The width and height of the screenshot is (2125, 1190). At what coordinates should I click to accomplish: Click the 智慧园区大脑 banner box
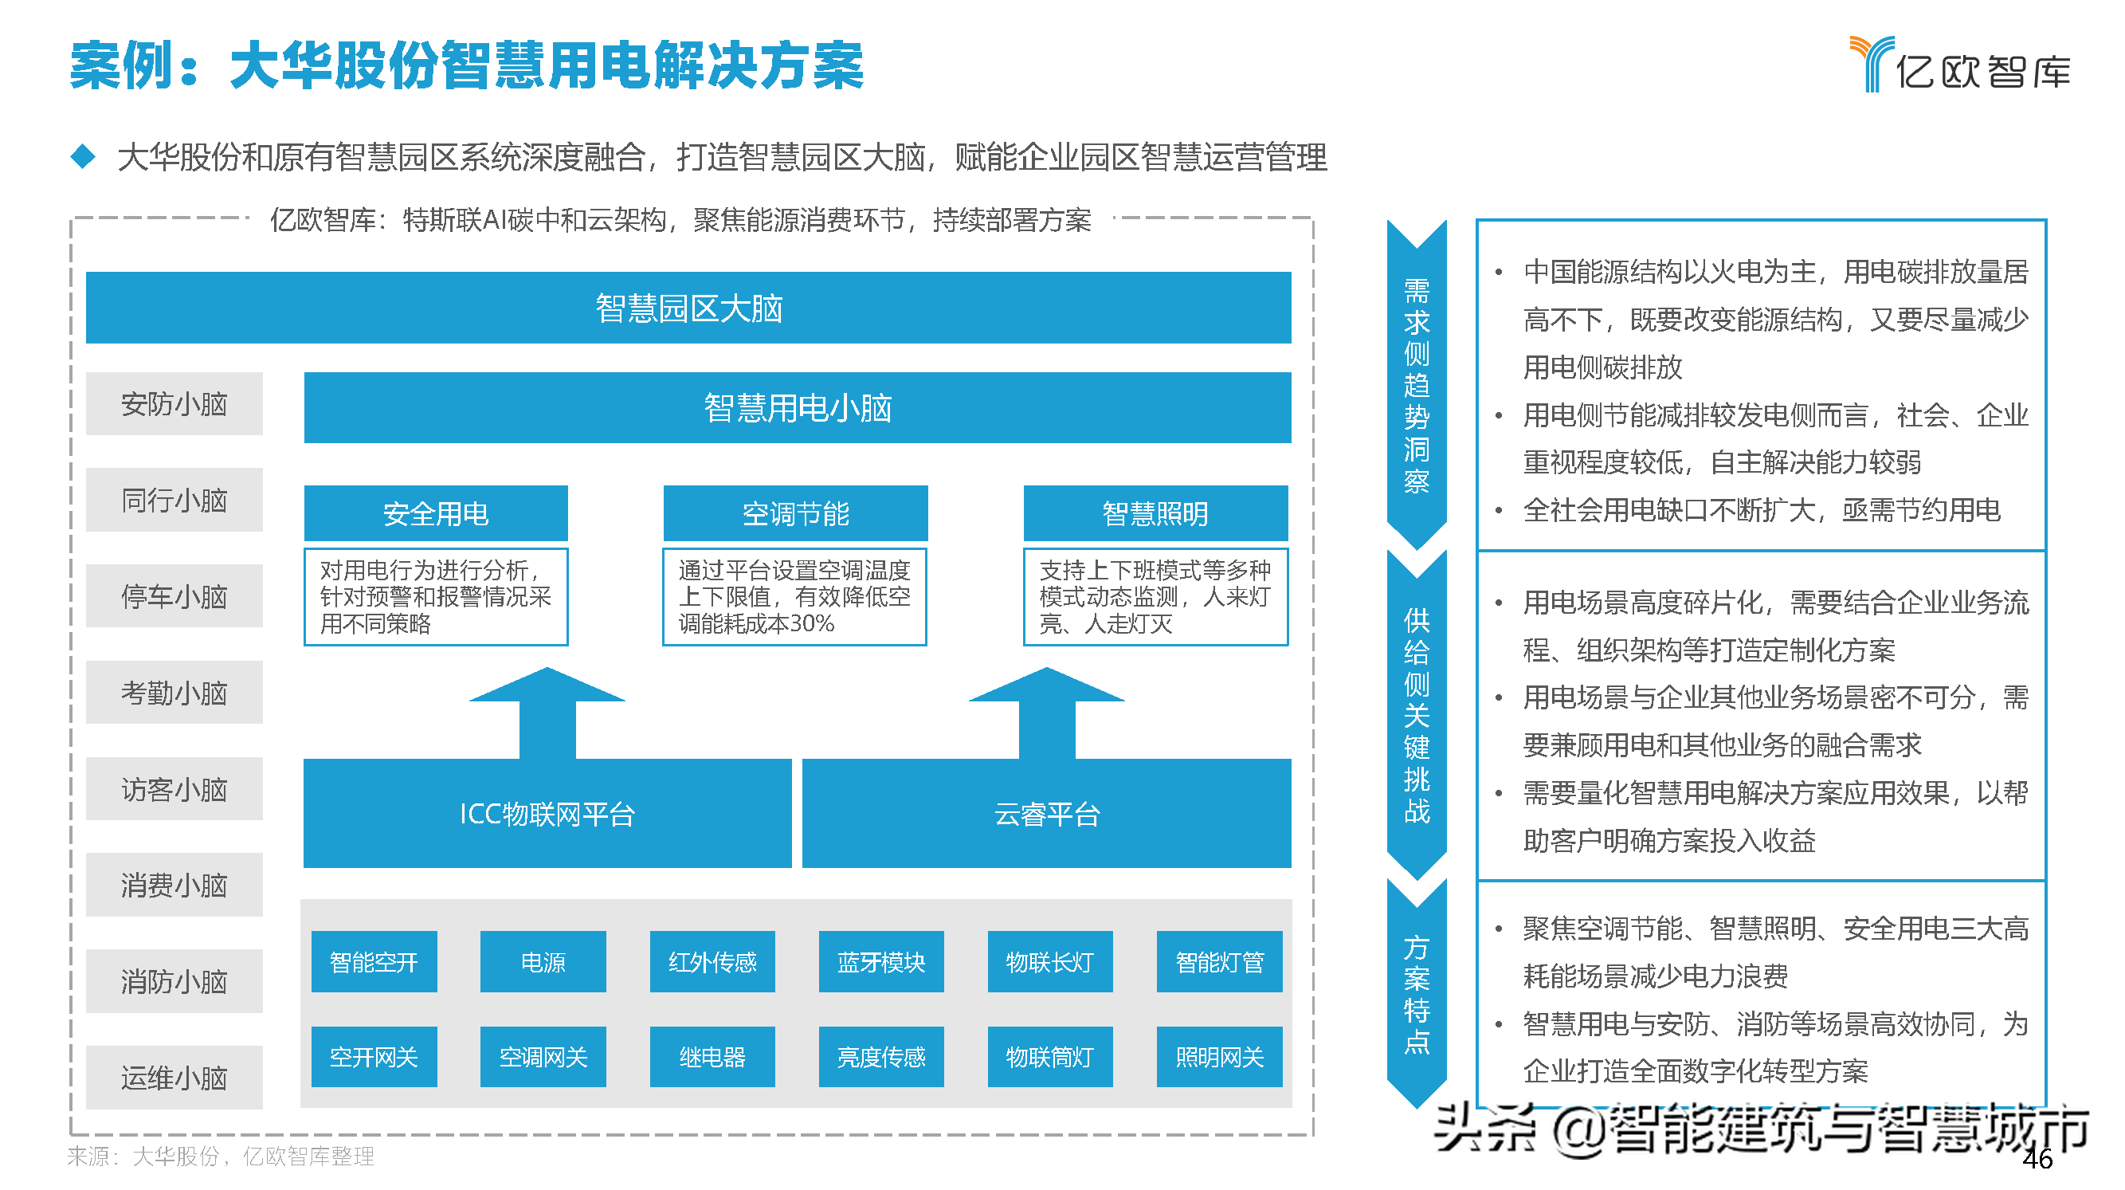688,307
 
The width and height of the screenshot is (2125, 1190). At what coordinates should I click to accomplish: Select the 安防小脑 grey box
174,403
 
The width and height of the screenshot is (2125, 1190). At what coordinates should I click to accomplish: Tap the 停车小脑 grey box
174,596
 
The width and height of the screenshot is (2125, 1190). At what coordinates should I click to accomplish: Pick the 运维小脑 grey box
174,1077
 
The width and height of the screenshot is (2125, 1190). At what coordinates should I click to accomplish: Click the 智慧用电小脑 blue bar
797,407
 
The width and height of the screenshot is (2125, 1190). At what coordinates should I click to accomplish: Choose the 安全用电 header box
436,513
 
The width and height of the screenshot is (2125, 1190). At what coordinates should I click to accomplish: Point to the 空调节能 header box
795,513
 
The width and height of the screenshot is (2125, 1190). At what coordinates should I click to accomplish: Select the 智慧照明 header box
1155,513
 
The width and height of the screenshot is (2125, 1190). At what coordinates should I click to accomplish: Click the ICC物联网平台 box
547,814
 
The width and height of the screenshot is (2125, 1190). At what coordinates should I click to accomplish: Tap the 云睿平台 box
1046,814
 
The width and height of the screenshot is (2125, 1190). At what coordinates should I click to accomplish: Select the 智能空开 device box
374,961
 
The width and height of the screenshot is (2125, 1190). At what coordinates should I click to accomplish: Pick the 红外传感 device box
712,961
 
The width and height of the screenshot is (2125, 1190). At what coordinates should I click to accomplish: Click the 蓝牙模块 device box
881,961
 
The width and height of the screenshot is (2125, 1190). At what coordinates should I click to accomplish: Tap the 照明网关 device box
1219,1056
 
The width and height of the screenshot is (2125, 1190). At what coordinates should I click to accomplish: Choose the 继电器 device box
712,1056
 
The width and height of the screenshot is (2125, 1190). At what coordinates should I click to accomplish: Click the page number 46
2037,1159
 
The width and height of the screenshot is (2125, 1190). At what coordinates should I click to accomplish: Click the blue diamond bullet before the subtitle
84,156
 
